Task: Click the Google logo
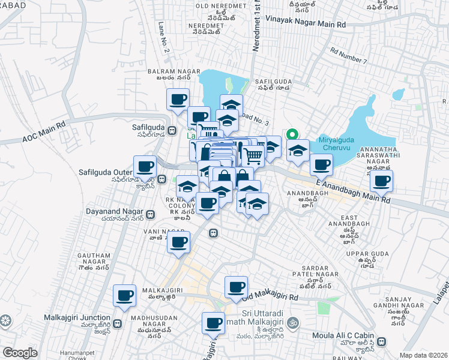[x=20, y=353]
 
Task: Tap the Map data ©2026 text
[x=423, y=355]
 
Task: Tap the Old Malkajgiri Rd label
[x=270, y=297]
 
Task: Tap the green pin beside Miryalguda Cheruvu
[x=293, y=134]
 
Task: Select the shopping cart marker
[x=254, y=156]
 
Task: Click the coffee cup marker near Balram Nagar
[x=178, y=100]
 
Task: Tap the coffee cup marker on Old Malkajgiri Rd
[x=236, y=286]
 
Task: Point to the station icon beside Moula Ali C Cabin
[x=382, y=341]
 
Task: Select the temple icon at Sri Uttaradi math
[x=293, y=322]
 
